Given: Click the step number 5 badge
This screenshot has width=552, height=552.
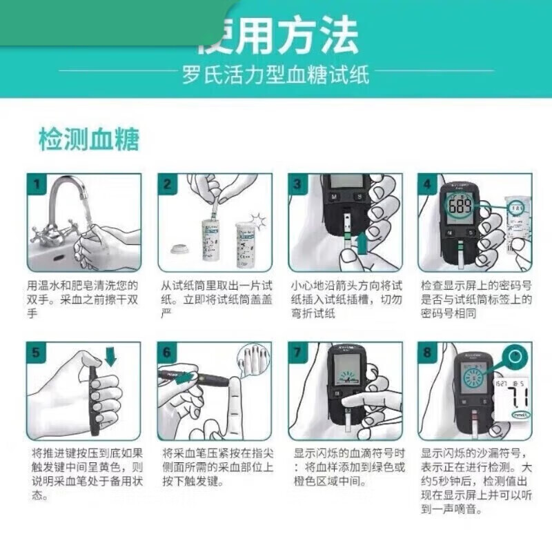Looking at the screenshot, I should pos(36,352).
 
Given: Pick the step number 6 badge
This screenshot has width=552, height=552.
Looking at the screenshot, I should pos(167,352).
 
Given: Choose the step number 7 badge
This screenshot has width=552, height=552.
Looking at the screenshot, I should pos(297,352).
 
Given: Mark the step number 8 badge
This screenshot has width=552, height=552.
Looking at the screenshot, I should pos(428,352).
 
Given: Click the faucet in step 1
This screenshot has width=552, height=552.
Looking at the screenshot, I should pos(66,200).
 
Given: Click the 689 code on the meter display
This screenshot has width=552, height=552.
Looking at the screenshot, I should pos(460,207).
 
